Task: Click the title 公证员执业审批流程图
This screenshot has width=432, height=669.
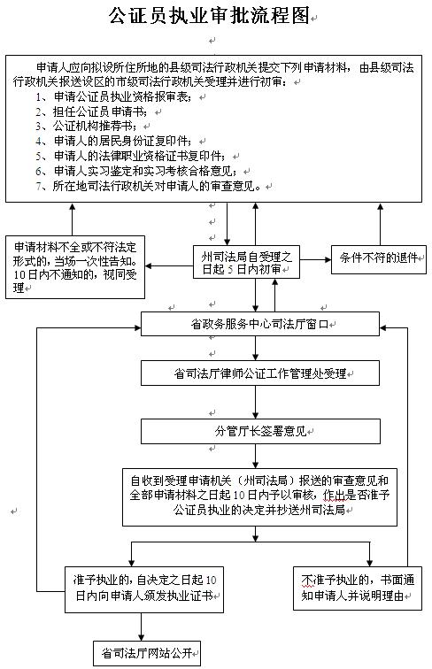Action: point(209,16)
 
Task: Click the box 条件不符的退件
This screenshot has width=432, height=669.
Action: point(379,259)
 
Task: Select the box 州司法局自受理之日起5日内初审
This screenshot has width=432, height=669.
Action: point(246,263)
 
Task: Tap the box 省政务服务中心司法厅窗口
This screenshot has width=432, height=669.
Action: point(260,324)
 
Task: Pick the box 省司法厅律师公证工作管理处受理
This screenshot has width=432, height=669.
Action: point(260,373)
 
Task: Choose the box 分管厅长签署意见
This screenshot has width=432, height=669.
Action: point(260,431)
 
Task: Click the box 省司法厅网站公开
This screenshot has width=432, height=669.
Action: point(147,653)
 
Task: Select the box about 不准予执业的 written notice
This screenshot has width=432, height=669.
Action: point(358,588)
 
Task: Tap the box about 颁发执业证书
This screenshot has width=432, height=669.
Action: point(144,589)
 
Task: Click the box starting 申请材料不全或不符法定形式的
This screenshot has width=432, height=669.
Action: point(75,267)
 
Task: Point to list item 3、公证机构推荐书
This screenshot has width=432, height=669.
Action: point(86,126)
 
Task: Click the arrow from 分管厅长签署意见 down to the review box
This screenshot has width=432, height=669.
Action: point(255,456)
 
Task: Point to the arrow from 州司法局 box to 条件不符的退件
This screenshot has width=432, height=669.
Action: point(315,259)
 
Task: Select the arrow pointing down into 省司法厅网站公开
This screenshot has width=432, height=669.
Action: point(141,627)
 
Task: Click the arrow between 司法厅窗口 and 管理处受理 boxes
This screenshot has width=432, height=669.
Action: point(255,348)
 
